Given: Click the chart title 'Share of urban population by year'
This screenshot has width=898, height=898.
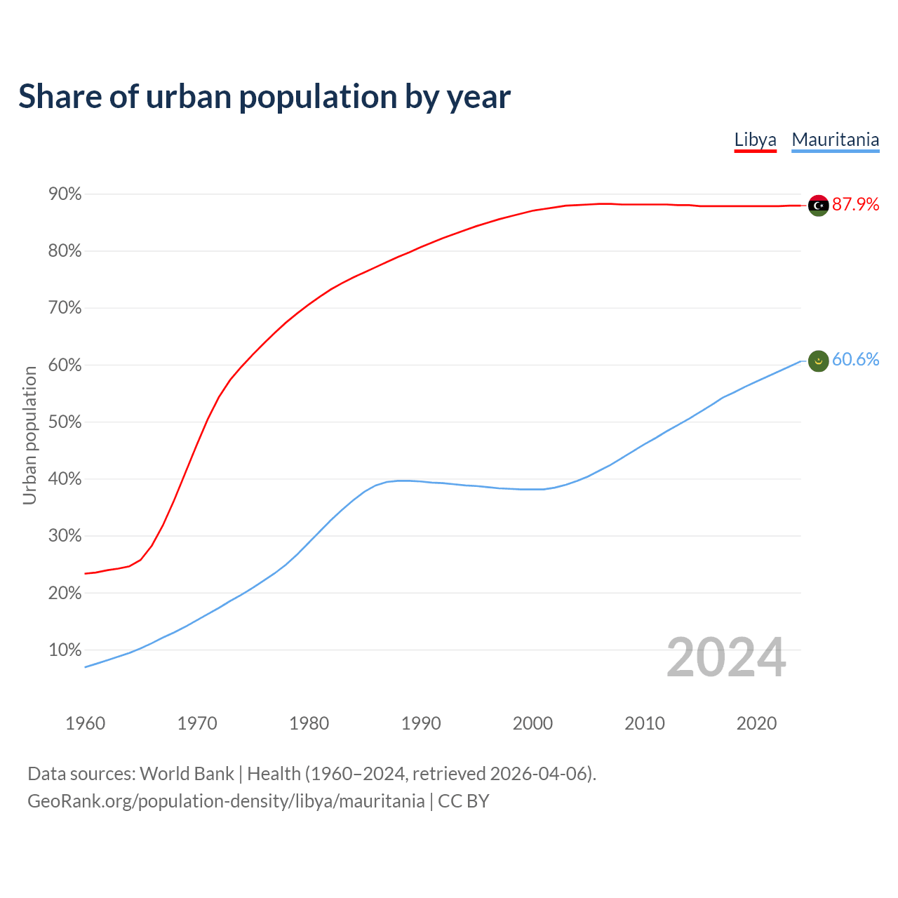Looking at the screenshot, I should (x=264, y=97).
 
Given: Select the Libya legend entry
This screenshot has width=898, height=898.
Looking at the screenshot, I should (x=755, y=140).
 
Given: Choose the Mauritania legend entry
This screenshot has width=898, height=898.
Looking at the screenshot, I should (x=835, y=140).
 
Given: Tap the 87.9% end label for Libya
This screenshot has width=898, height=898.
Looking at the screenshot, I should (x=855, y=204).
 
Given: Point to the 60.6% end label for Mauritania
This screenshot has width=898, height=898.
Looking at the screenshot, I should (x=855, y=359).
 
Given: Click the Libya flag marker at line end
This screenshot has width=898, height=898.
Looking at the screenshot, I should (x=818, y=205).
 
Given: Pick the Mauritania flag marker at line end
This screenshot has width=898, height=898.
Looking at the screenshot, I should (x=818, y=361).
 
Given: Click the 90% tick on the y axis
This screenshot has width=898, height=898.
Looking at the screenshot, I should (x=65, y=194).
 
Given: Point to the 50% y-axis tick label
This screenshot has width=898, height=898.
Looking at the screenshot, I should (x=65, y=422).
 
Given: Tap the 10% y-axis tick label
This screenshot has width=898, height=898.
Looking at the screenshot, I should (x=65, y=650).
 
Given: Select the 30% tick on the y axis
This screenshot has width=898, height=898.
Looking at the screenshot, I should (x=65, y=536).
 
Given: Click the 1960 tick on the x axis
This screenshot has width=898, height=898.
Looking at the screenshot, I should (x=85, y=723).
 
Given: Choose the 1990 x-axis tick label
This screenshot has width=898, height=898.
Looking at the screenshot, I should (x=421, y=723).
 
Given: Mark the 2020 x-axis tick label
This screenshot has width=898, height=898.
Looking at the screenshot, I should (x=756, y=723).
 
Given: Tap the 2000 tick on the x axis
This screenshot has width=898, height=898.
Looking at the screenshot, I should (x=532, y=723).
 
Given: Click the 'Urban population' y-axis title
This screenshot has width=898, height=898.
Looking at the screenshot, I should (x=29, y=435).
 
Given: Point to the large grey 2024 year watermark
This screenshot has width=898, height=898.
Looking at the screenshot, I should (x=725, y=657).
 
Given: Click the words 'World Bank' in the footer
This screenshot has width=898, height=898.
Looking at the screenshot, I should (x=187, y=774).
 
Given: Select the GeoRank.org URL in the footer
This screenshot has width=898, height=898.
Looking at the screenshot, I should (x=226, y=801).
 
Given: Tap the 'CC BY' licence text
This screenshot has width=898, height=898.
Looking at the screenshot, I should (x=463, y=801).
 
